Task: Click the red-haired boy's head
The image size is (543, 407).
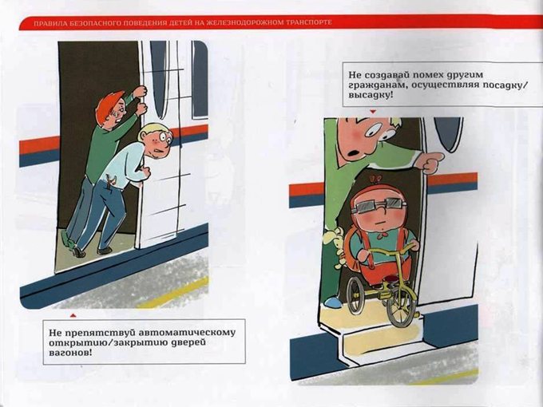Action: [x=112, y=107]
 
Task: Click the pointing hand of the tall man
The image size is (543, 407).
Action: [x=432, y=162]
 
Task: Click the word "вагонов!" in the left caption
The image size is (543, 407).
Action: [x=70, y=353]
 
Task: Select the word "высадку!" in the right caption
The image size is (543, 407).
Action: [x=371, y=95]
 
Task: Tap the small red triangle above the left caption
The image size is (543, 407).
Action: [x=73, y=315]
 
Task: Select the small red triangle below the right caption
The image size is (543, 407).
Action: [x=373, y=112]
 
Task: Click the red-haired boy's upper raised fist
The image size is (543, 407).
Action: [x=140, y=91]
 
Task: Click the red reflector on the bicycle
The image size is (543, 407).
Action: [x=391, y=279]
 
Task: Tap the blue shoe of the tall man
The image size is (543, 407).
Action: [x=333, y=302]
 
